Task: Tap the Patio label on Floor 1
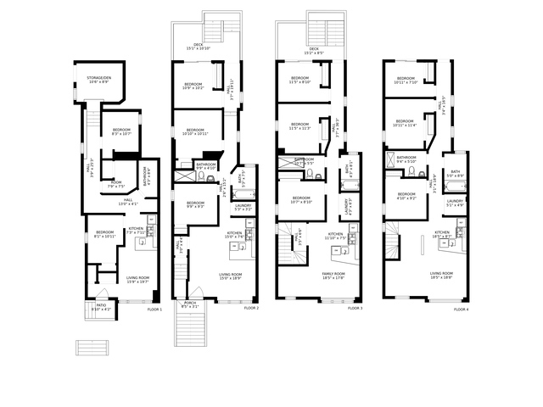point(101,307)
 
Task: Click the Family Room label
point(333,275)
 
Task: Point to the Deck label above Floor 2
point(199,47)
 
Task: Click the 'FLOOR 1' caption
point(154,309)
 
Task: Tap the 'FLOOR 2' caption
point(251,308)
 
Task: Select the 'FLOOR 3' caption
point(355,308)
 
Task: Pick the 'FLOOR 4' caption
point(460,309)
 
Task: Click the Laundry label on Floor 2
point(242,206)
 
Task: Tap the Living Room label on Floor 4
point(441,275)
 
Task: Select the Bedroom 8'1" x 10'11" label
point(105,234)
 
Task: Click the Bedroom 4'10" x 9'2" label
point(405,196)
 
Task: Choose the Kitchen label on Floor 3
point(336,235)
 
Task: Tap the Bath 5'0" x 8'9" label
point(456,174)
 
